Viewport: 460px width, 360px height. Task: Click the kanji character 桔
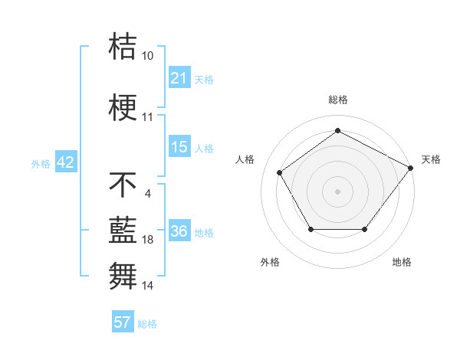click(x=123, y=46)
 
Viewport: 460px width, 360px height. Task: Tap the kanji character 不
click(x=123, y=184)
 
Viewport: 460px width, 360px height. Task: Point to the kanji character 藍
click(x=123, y=229)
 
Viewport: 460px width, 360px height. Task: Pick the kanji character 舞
click(x=123, y=274)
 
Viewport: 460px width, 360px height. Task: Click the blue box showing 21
click(x=179, y=77)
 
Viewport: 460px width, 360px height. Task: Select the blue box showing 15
click(x=179, y=147)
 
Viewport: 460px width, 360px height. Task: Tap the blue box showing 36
click(x=179, y=231)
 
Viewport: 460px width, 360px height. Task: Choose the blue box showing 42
click(x=65, y=162)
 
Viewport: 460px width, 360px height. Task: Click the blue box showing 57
click(x=123, y=322)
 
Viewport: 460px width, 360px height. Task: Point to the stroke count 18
click(x=148, y=240)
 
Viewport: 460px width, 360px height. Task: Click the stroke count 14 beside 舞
click(x=148, y=285)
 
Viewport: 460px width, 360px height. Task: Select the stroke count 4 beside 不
click(x=147, y=194)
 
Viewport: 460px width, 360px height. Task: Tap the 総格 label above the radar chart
click(x=337, y=100)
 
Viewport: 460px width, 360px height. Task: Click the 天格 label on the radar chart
click(x=432, y=159)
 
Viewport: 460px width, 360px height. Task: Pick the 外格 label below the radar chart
click(x=270, y=262)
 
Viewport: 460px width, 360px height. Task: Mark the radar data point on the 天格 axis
click(x=410, y=168)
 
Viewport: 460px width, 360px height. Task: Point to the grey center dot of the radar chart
click(x=337, y=191)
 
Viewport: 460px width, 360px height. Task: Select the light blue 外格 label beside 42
click(x=40, y=163)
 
